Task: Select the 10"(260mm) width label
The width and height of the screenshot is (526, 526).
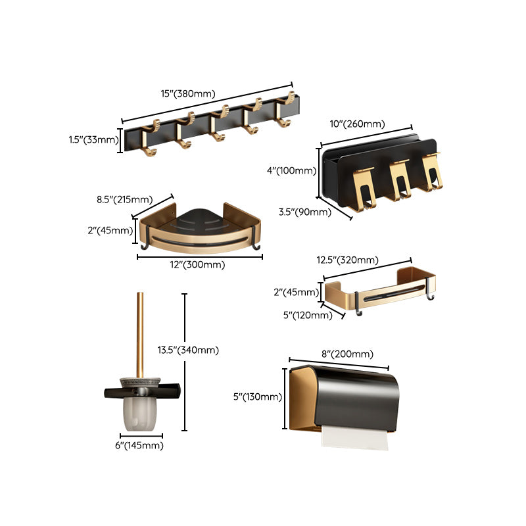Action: click(357, 124)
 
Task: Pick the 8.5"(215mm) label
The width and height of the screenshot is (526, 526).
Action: click(125, 199)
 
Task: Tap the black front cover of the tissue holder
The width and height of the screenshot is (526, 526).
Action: click(358, 398)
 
